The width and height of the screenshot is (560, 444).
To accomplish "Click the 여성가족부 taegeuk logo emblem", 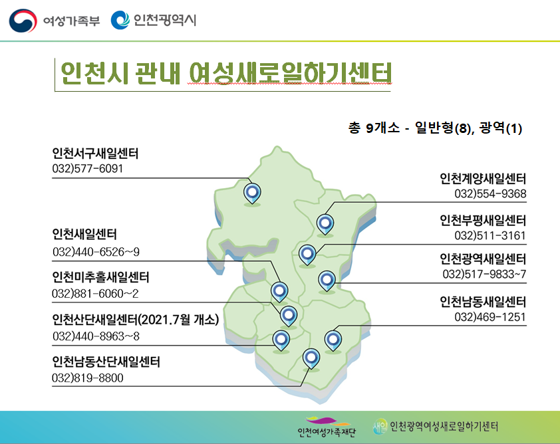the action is point(23,21).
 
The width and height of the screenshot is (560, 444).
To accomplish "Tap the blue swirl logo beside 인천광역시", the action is point(120,20).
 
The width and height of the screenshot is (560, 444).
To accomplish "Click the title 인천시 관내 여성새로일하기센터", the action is point(226,74).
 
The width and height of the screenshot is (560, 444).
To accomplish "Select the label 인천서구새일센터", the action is point(95,154).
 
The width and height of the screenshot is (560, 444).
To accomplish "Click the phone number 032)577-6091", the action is point(88,168).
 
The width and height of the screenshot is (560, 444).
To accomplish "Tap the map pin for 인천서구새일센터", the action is point(252,193).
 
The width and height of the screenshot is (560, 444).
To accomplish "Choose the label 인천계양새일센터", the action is point(483,178).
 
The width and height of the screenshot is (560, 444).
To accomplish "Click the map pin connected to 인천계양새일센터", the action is point(325,225).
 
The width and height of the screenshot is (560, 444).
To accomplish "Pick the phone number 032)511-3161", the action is point(490,235).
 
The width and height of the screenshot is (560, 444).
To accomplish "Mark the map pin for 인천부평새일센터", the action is point(307,255).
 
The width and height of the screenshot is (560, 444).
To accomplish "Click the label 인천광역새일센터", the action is point(483,259).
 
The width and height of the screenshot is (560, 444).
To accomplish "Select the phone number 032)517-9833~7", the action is point(484,274).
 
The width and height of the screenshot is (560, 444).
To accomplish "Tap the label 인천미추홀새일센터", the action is point(100,277).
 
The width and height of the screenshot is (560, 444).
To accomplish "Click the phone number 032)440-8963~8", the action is point(96,336).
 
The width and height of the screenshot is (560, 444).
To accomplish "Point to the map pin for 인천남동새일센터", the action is point(333,340).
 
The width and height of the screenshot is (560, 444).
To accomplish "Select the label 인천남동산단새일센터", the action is point(106,362).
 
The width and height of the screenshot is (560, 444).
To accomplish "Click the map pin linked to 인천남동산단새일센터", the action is point(311,358).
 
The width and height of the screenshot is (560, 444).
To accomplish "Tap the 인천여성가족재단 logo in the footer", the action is point(327,427).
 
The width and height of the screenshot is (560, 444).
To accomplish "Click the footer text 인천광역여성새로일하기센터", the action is point(444,427).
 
